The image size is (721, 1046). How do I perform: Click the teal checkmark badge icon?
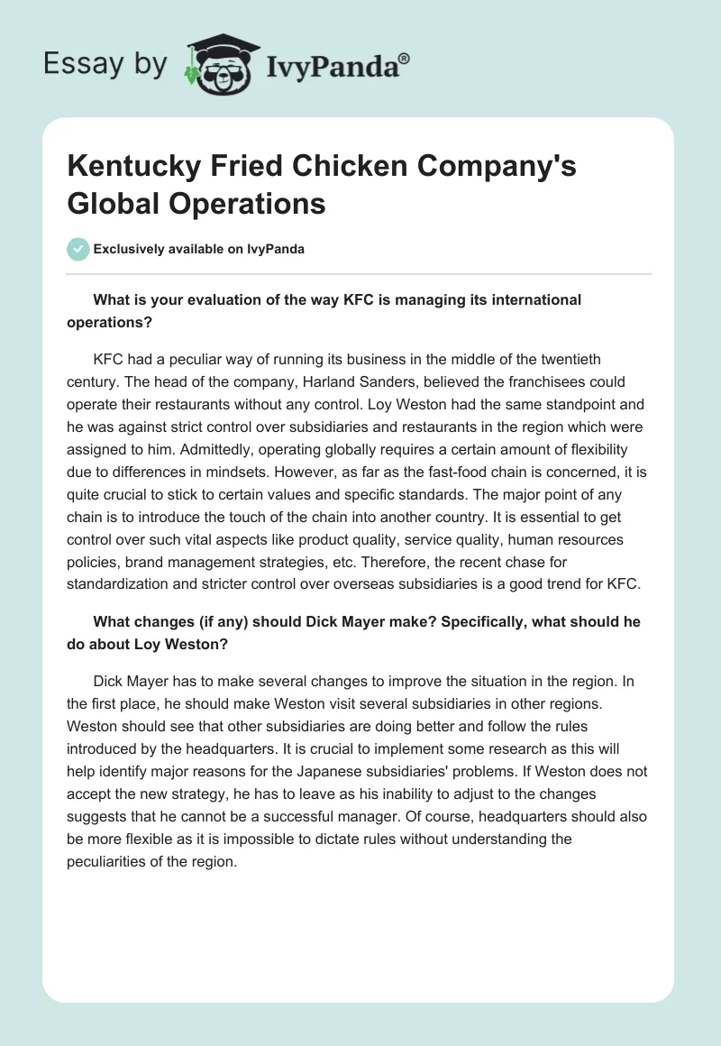click(x=78, y=250)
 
